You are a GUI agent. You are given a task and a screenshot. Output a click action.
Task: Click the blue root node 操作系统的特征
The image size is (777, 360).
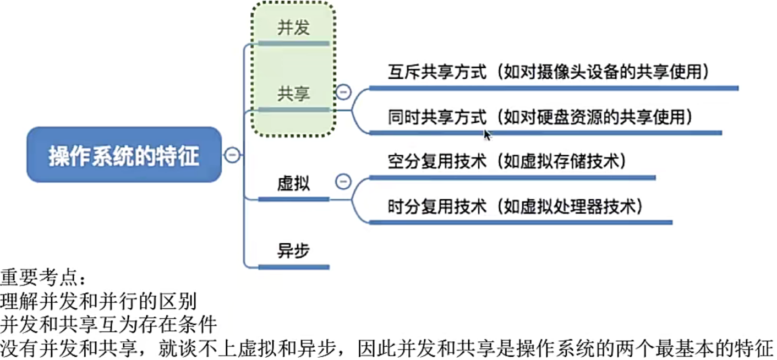click(x=124, y=156)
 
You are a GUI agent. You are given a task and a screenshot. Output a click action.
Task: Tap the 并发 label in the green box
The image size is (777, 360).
click(x=293, y=28)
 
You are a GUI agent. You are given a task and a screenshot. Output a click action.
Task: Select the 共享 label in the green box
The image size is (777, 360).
click(x=293, y=94)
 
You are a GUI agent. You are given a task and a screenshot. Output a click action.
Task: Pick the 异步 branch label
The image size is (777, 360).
click(x=293, y=251)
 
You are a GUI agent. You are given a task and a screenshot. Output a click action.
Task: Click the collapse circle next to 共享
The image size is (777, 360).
click(x=343, y=91)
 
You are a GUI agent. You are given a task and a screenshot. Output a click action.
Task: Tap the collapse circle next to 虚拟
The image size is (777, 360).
click(x=343, y=181)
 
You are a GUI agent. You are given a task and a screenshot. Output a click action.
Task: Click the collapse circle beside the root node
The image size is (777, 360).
click(x=232, y=155)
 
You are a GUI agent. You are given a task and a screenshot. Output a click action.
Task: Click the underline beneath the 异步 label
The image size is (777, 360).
click(x=293, y=268)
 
